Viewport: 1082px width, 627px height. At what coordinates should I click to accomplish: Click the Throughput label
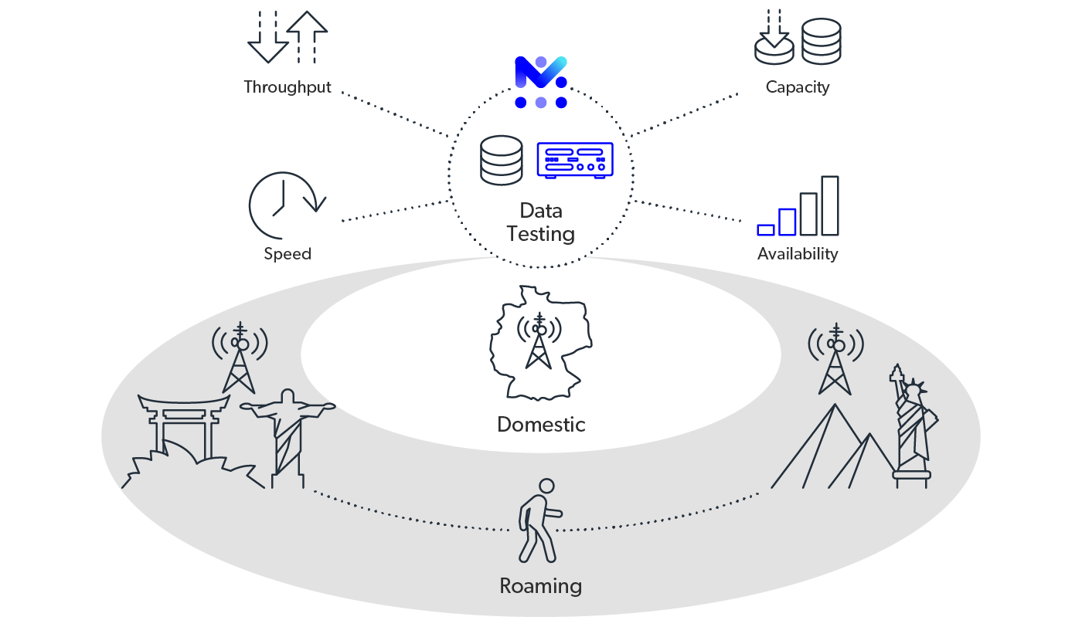click(288, 87)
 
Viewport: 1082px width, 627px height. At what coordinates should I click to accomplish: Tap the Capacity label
click(797, 87)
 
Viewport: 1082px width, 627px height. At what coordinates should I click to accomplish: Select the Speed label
click(288, 254)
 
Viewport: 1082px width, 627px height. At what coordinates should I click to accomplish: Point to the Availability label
click(797, 254)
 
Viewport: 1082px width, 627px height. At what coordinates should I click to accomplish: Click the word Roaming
click(540, 586)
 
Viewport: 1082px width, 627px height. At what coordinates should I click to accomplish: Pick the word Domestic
click(541, 425)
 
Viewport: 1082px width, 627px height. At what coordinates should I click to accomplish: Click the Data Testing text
click(541, 222)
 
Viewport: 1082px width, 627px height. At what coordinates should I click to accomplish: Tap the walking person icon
click(539, 521)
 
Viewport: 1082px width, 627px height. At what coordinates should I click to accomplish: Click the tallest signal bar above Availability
click(829, 205)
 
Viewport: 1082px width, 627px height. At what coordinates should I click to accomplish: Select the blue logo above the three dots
click(541, 72)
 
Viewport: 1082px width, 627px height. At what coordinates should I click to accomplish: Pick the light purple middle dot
click(541, 103)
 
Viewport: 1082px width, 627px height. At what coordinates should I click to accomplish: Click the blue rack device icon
click(575, 161)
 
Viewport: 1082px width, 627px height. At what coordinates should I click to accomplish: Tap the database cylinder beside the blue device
click(502, 160)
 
